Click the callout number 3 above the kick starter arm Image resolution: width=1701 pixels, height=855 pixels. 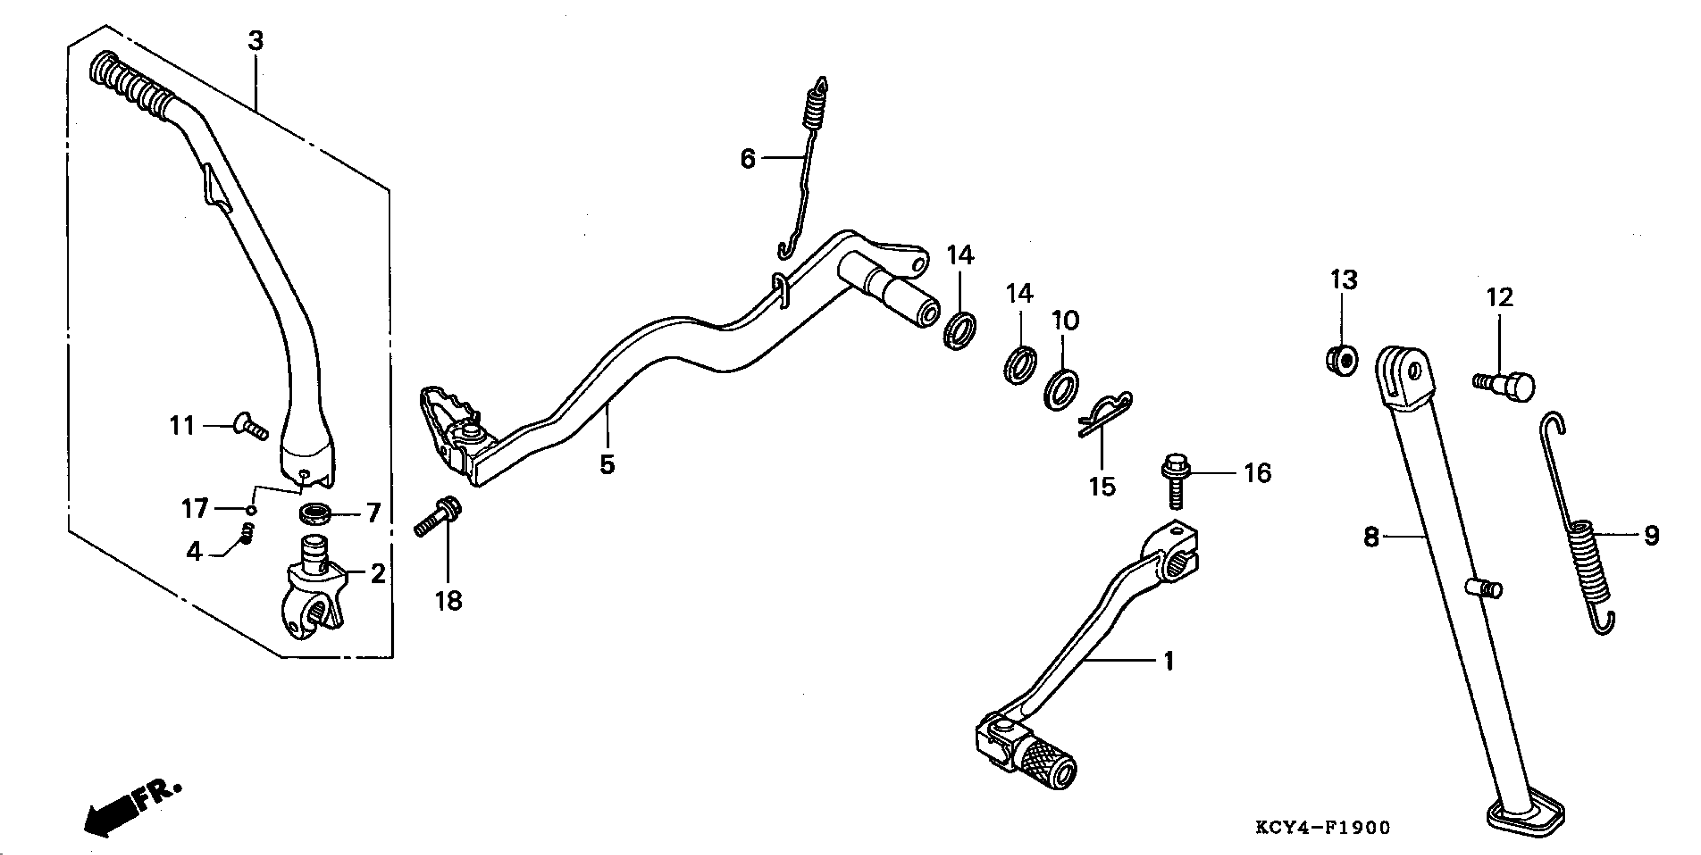(x=256, y=41)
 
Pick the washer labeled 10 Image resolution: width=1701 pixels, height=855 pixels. (x=1062, y=391)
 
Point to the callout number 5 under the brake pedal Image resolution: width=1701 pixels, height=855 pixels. (x=607, y=465)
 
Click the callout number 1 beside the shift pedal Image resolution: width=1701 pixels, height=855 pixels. (x=1168, y=661)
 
